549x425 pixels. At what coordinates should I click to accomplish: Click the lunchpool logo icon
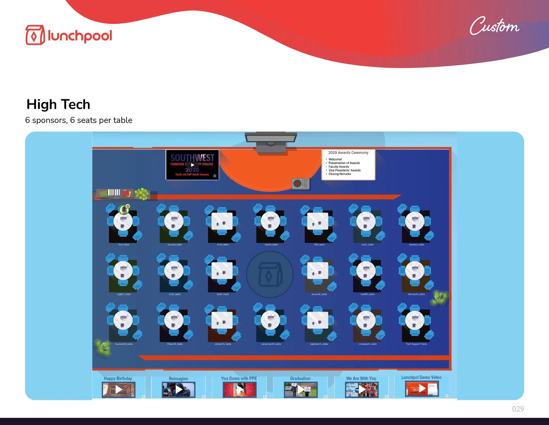click(35, 35)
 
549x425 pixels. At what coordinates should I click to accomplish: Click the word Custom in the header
click(494, 26)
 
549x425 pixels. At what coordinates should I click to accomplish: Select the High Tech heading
click(58, 104)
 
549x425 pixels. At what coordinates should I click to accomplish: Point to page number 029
click(518, 409)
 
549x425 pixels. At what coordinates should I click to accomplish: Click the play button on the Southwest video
click(193, 165)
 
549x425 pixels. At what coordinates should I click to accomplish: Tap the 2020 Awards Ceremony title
click(348, 153)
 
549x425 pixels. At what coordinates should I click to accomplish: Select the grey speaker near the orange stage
click(300, 183)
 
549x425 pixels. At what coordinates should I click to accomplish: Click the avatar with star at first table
click(124, 209)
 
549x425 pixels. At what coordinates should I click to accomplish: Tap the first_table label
click(124, 245)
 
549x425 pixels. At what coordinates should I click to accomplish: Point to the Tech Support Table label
click(416, 344)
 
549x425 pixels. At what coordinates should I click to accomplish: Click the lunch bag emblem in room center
click(270, 274)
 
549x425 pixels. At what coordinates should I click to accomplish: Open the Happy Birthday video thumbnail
click(118, 389)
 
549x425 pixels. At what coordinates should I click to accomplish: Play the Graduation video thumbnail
click(300, 389)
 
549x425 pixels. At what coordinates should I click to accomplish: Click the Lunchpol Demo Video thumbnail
click(422, 388)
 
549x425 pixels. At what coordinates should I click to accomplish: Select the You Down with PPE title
click(239, 378)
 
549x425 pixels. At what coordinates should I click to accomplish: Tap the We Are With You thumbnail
click(361, 389)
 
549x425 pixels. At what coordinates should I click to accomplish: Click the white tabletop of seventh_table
click(415, 221)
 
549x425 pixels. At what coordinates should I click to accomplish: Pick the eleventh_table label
click(319, 294)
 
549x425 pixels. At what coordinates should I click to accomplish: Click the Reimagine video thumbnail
click(179, 389)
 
